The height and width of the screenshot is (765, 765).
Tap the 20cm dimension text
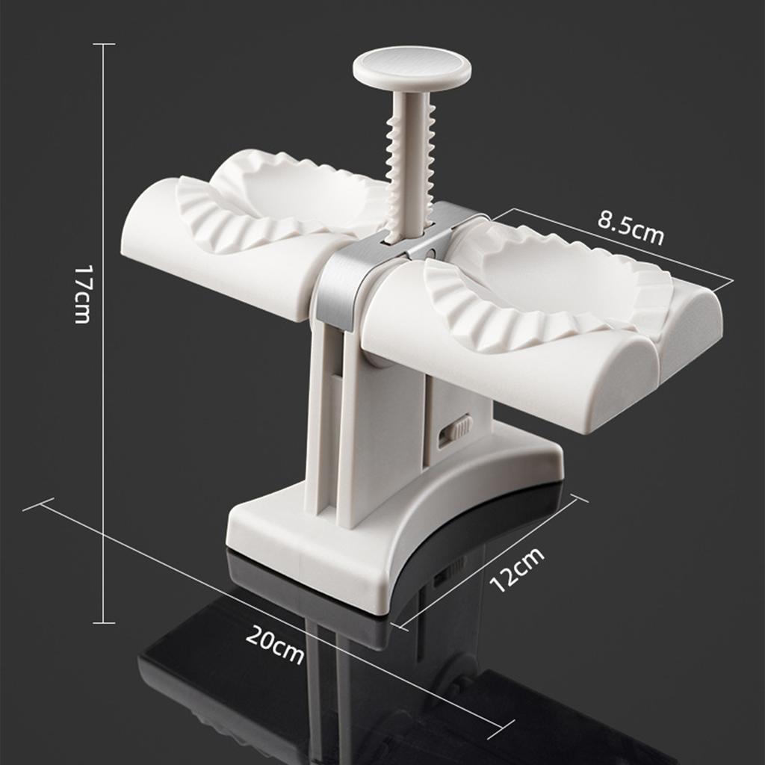click(275, 645)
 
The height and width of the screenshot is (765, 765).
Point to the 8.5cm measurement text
click(631, 227)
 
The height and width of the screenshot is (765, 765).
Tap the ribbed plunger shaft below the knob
click(410, 164)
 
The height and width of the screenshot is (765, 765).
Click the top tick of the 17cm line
click(104, 44)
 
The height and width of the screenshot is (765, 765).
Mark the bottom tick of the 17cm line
click(104, 622)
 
